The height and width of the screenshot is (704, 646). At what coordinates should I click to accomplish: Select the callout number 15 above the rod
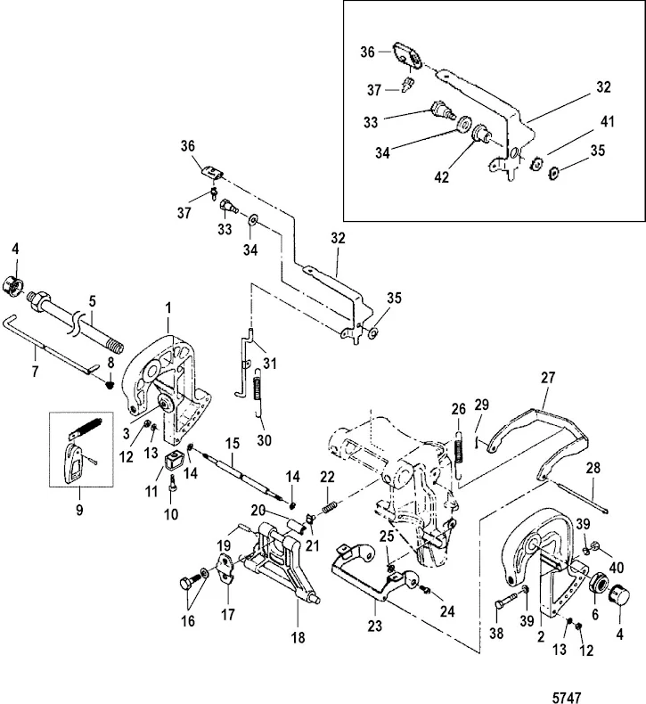[x=232, y=442]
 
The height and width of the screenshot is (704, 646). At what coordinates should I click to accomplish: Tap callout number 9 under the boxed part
[x=78, y=512]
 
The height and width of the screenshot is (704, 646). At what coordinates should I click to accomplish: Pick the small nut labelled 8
[x=110, y=384]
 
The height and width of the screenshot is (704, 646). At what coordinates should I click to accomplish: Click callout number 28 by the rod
[x=593, y=469]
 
